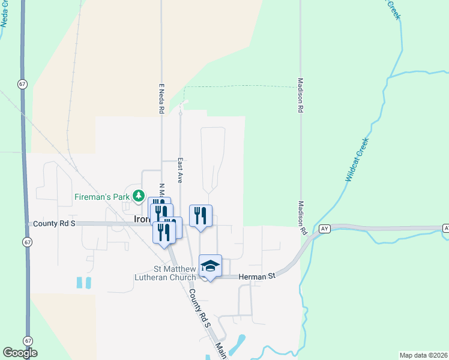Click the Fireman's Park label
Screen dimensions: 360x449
click(x=102, y=196)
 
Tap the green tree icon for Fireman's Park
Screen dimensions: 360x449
click(x=139, y=196)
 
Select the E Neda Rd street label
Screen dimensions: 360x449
click(x=161, y=98)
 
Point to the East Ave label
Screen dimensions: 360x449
click(x=179, y=170)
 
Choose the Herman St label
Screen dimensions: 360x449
click(x=256, y=276)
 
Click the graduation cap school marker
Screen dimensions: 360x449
click(x=211, y=265)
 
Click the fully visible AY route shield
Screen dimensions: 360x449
click(x=325, y=229)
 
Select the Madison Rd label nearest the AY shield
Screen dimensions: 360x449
click(x=303, y=218)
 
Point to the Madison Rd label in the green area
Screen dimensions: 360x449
click(x=300, y=96)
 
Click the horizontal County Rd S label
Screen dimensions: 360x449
click(x=54, y=223)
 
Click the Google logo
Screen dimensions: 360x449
click(x=20, y=353)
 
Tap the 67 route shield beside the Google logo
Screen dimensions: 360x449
click(x=28, y=340)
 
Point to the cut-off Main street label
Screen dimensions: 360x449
click(x=221, y=351)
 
